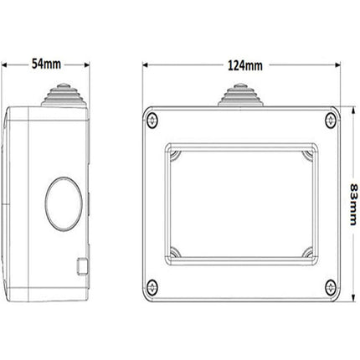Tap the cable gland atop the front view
(242, 95)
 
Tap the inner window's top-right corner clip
(310, 152)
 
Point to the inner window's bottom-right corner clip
(310, 251)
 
